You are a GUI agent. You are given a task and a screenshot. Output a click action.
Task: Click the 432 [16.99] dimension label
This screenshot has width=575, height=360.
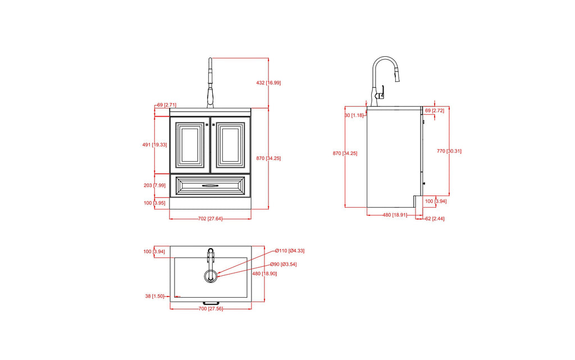[268, 83]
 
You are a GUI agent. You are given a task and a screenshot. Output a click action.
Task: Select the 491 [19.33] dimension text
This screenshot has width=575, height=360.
[154, 145]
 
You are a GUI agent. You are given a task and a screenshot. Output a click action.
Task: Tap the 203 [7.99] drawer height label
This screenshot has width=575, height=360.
[154, 185]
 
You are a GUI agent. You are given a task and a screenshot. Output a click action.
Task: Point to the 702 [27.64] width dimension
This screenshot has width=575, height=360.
[211, 218]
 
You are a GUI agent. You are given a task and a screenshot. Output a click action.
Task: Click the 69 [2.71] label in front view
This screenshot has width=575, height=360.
[167, 105]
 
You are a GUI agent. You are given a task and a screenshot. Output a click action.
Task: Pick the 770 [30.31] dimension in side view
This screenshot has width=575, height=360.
[449, 151]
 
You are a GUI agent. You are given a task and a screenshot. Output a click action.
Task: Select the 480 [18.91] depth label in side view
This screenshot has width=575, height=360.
[395, 215]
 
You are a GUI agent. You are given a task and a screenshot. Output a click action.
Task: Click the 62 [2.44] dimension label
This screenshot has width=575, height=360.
[435, 218]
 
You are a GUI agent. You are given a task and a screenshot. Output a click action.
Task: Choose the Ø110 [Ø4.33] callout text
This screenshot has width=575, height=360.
[290, 250]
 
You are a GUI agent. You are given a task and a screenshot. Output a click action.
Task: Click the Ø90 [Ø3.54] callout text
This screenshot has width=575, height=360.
[283, 265]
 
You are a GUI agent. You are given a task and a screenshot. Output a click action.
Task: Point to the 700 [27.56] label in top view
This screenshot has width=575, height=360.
[211, 309]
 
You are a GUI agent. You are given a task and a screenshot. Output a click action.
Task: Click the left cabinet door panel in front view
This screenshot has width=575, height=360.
[190, 145]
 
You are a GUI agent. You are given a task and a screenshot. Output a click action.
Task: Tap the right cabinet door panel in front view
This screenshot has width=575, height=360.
[231, 145]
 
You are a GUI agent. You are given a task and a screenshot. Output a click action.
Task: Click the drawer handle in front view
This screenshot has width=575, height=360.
[211, 185]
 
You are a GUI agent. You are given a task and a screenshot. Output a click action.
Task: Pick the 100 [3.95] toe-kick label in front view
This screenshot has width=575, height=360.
[154, 203]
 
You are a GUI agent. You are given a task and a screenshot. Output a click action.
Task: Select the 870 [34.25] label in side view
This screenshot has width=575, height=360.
[345, 153]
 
